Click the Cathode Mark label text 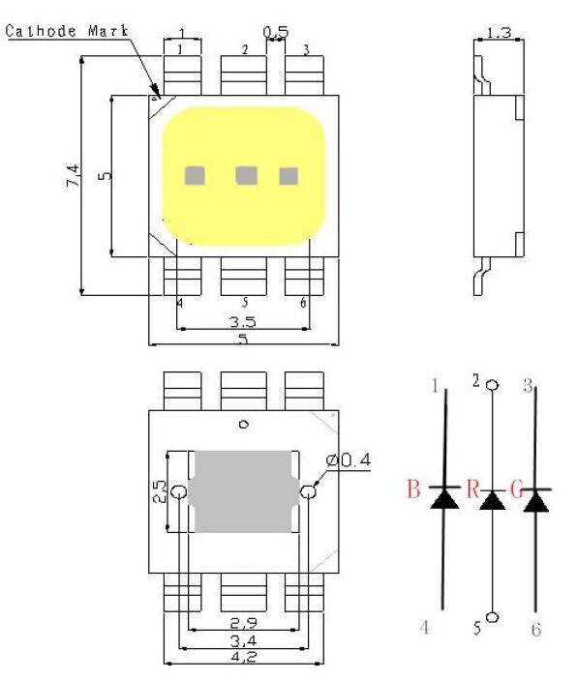[68, 31]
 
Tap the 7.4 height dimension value [73, 175]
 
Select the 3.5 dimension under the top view [243, 322]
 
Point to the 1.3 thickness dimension [499, 33]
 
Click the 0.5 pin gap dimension [276, 32]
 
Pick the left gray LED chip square [195, 176]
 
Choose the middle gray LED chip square [246, 176]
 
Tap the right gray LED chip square [288, 176]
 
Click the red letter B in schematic [413, 489]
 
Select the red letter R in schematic [472, 489]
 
